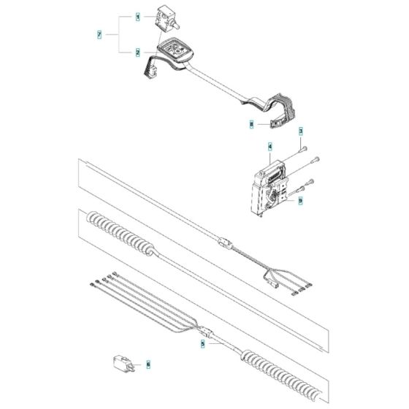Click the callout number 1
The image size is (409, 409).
click(137, 15)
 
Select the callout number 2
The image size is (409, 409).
click(137, 53)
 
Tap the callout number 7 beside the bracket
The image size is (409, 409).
click(100, 34)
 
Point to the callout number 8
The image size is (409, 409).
click(251, 125)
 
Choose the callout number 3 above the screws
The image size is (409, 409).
click(299, 130)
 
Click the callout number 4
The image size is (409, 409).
click(270, 146)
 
